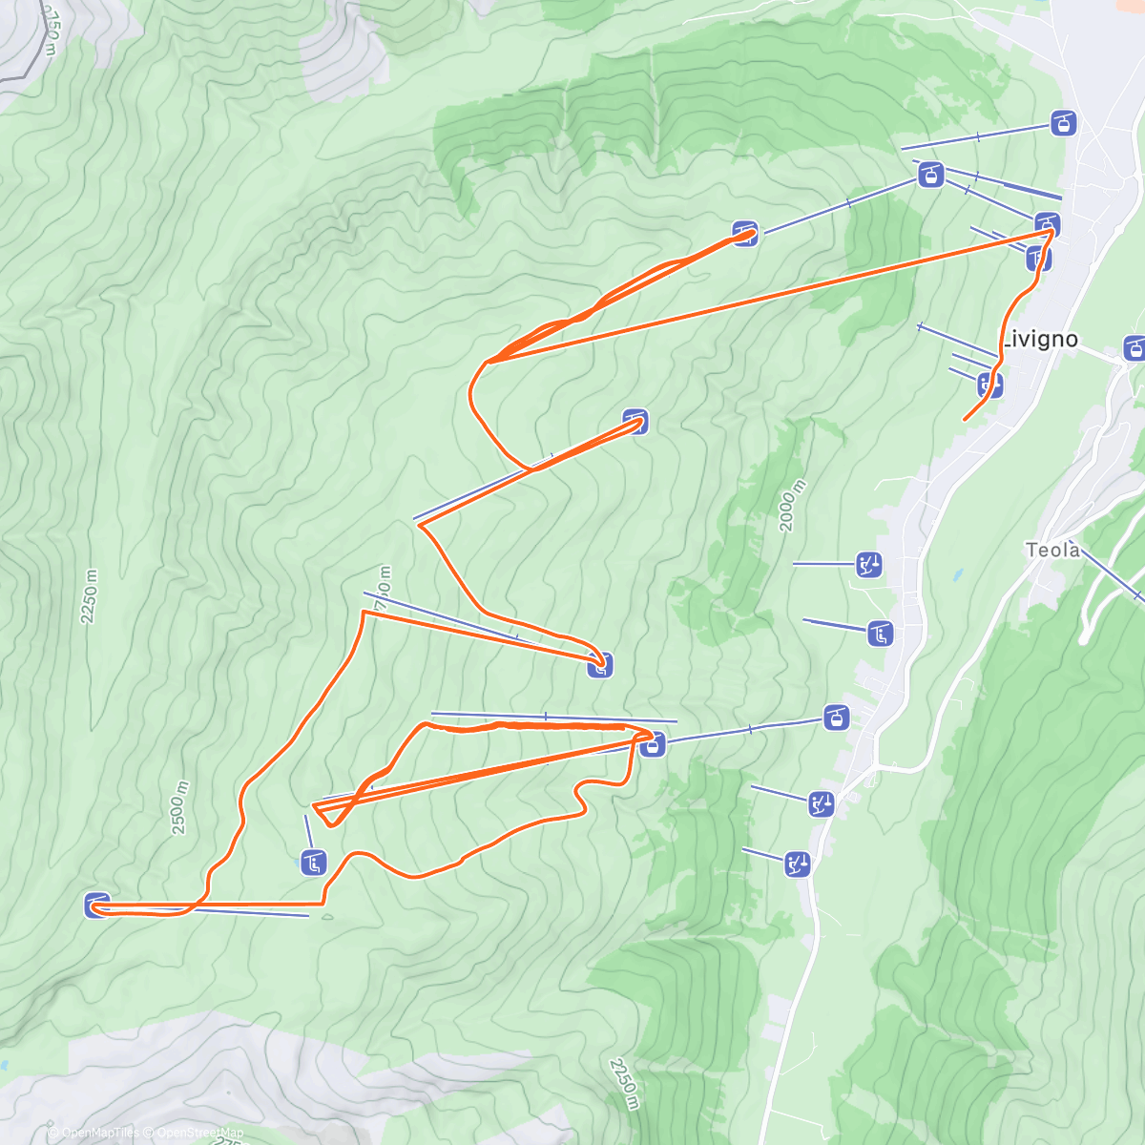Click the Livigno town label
tap(1041, 339)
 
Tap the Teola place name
tap(1052, 550)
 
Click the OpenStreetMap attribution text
tap(200, 1133)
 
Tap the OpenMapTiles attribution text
tap(100, 1133)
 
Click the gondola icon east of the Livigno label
tap(1135, 347)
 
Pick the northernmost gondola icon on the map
tap(1063, 122)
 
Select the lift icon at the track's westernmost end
tap(97, 905)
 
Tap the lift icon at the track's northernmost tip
tap(745, 233)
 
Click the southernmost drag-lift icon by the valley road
tap(798, 864)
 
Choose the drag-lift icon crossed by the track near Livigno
tap(990, 385)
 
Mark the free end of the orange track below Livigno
tap(965, 419)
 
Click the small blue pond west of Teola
tap(955, 576)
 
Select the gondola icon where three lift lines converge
tap(930, 175)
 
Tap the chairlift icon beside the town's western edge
tap(880, 632)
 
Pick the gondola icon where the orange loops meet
tap(653, 743)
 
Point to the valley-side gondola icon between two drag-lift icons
tap(837, 717)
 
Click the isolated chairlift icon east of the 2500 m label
tap(313, 863)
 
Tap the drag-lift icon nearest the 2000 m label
tap(867, 564)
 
